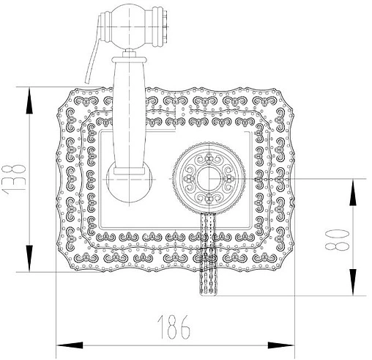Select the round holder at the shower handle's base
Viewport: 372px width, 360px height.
[x=130, y=180]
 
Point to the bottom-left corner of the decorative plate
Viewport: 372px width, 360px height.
[x=63, y=267]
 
